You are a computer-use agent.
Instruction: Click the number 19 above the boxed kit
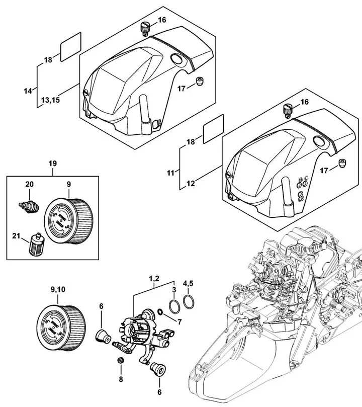(x=53, y=164)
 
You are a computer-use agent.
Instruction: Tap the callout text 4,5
(x=188, y=288)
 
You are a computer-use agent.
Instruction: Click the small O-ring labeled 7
(x=159, y=311)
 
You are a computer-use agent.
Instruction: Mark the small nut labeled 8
(x=120, y=361)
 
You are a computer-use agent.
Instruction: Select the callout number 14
(x=28, y=91)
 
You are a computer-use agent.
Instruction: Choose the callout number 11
(x=170, y=173)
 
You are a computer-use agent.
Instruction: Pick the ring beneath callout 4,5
(x=190, y=302)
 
